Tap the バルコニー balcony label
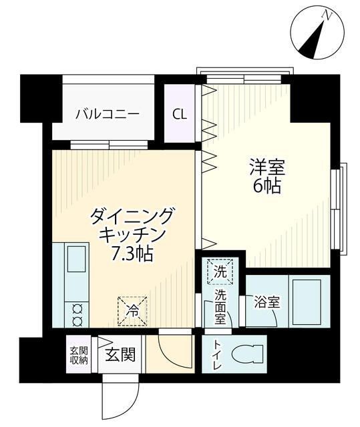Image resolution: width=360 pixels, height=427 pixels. (107, 113)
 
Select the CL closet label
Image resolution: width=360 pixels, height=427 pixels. (180, 113)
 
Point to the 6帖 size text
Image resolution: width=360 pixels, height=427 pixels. (266, 186)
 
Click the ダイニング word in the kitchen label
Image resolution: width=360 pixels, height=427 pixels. (132, 217)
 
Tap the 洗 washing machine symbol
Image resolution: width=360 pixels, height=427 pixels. (220, 271)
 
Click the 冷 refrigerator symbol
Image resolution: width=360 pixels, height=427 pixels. (133, 310)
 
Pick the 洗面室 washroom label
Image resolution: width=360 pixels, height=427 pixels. (220, 306)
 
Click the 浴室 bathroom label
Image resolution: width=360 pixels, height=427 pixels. (266, 302)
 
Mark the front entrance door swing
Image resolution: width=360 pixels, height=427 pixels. (119, 399)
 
